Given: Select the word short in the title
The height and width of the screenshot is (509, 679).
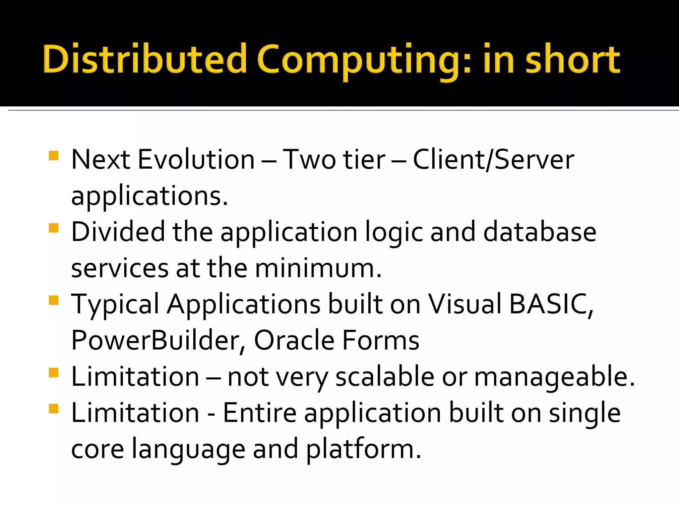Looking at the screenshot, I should point(573,60).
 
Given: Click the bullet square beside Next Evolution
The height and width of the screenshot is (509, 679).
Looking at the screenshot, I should point(53,156).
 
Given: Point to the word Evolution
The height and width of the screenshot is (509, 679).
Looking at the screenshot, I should point(196,160).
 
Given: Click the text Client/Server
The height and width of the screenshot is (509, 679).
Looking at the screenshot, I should point(493,160).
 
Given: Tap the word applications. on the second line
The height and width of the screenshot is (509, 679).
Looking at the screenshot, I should point(150,196).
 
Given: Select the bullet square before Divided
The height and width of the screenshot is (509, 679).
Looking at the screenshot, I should point(53,228).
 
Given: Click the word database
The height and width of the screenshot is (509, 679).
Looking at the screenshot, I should point(540,232).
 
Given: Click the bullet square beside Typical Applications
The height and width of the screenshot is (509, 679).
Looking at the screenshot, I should point(53,300).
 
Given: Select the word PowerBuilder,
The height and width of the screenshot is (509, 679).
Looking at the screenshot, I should point(158,341).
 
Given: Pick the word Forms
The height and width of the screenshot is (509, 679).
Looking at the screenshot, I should point(381,341).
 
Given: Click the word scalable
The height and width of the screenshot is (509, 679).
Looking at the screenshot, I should point(385,377).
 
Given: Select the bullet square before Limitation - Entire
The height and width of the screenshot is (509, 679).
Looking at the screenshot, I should point(53,409).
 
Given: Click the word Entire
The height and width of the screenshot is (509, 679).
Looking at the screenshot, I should point(260,413).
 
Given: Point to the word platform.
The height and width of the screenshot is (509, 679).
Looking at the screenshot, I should point(363,449).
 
